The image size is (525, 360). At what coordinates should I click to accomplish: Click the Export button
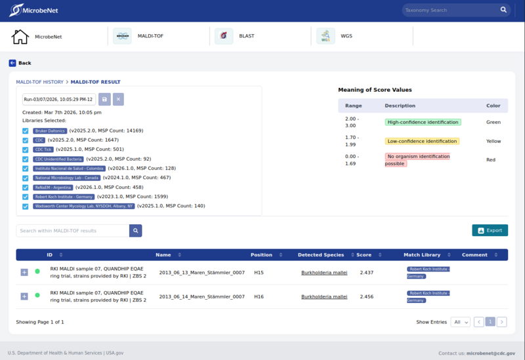click(x=490, y=230)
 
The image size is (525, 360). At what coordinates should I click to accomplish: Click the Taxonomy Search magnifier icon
click(x=504, y=10)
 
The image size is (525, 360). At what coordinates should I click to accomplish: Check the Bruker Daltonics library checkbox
click(x=26, y=130)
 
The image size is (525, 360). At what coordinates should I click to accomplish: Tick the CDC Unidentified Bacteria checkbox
click(x=26, y=159)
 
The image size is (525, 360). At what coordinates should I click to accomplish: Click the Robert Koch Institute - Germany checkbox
click(x=26, y=196)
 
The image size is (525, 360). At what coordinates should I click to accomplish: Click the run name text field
click(x=59, y=99)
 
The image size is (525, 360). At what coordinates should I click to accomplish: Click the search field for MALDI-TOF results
click(x=72, y=231)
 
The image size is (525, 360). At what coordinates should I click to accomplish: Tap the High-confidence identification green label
click(x=423, y=122)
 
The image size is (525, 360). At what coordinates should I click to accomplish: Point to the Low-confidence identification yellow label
click(x=422, y=141)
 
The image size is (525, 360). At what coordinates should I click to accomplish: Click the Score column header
click(x=364, y=254)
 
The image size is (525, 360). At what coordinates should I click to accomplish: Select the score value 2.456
click(x=366, y=296)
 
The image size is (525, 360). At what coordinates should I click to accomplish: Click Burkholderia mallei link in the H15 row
click(x=324, y=272)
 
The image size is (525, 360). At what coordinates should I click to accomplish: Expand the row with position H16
click(x=24, y=296)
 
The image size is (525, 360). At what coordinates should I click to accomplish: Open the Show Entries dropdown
click(x=461, y=322)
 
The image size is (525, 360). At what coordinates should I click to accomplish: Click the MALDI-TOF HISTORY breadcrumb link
click(x=39, y=82)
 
